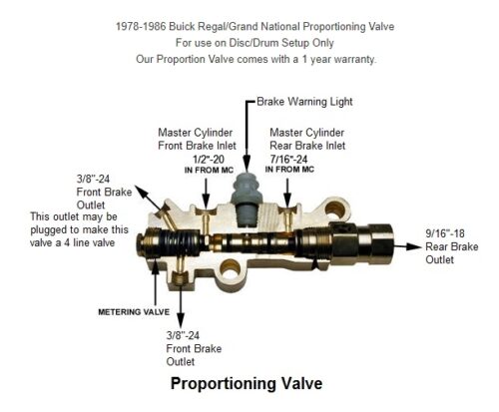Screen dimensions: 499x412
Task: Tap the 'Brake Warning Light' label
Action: pos(304,102)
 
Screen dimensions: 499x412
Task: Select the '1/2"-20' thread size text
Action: pos(209,160)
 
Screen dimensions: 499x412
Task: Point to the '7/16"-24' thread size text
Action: pos(288,159)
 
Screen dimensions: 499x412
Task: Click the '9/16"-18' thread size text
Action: pos(445,233)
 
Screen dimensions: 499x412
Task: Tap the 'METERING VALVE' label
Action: pos(134,312)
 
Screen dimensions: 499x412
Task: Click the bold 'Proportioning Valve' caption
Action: pos(247,383)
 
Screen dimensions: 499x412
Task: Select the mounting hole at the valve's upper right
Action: pos(335,209)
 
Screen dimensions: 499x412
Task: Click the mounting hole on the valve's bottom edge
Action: pos(231,268)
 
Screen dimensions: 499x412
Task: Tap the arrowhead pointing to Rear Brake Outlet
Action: pos(414,246)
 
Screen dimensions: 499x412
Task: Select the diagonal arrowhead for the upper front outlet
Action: pos(142,192)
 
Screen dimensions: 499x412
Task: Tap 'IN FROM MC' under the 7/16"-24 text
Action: pos(289,170)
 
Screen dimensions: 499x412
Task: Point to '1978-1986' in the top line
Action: pos(141,26)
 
